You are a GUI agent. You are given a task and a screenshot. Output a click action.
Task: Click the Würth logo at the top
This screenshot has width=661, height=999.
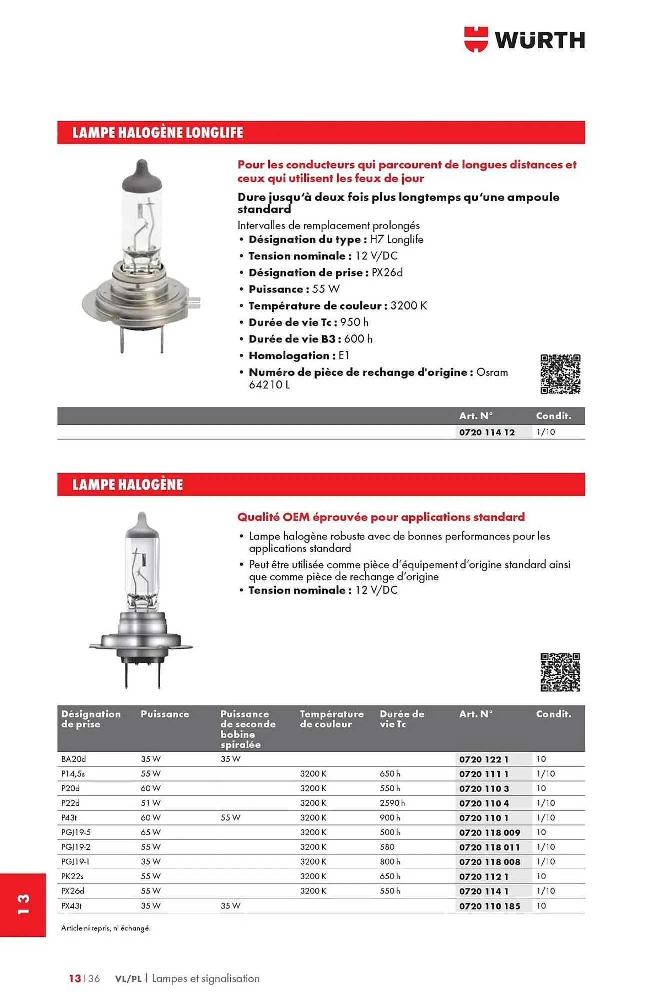(x=524, y=40)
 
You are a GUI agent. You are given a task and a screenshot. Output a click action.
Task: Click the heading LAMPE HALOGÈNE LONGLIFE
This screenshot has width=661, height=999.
(x=158, y=133)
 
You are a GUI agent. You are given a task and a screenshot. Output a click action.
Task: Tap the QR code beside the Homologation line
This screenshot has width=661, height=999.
(x=560, y=374)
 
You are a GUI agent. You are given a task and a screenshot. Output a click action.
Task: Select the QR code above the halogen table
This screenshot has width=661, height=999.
(x=560, y=672)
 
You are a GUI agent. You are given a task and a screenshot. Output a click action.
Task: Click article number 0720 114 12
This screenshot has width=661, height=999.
(x=487, y=432)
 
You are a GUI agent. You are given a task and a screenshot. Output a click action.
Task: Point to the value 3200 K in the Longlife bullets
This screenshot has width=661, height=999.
(x=408, y=306)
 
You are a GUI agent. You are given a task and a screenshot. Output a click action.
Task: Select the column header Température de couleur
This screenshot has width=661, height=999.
(x=331, y=719)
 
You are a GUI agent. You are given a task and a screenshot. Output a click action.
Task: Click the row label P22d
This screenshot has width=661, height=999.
(x=70, y=803)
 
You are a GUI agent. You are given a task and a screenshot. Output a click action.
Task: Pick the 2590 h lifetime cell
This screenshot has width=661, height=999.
(x=392, y=803)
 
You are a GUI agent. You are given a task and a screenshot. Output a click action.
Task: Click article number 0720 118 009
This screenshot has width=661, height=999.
(x=490, y=833)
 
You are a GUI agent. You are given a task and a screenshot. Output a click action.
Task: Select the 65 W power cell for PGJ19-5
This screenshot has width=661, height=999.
(x=151, y=832)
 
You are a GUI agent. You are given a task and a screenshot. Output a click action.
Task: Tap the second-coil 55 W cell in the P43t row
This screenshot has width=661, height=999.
(x=230, y=818)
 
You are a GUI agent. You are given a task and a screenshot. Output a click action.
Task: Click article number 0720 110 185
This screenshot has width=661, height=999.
(x=490, y=906)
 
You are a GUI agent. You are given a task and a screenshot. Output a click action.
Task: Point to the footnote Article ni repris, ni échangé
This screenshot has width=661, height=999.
(x=106, y=928)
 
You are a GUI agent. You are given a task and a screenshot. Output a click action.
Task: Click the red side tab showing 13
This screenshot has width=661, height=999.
(x=23, y=905)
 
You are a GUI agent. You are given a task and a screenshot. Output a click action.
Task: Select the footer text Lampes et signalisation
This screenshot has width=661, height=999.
(x=206, y=979)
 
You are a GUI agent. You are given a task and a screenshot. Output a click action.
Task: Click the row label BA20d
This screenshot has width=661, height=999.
(x=73, y=759)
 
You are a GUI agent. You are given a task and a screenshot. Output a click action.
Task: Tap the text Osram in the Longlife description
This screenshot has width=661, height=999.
(x=492, y=372)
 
